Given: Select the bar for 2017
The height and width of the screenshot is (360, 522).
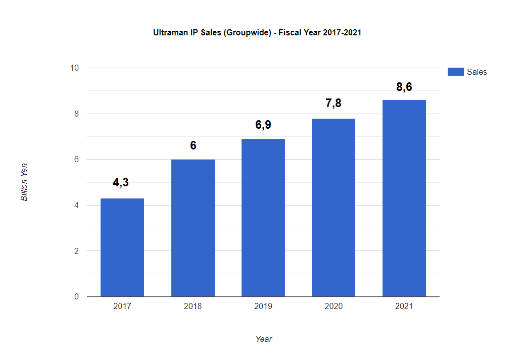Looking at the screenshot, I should coord(122,247).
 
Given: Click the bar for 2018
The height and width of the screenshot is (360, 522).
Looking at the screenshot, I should coord(193,228).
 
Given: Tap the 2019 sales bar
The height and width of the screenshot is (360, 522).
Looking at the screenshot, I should coord(263,218).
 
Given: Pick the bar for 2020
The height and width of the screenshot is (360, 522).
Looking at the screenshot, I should coord(334,208).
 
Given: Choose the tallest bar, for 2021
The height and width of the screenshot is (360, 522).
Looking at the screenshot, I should coord(404,198).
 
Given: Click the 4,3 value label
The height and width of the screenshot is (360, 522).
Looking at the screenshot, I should coord(121,182).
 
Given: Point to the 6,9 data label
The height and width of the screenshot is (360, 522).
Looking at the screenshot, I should coord(263,125).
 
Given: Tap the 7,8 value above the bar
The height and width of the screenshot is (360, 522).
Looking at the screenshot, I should coord(334,104).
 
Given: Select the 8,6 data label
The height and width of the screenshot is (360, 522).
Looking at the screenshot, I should coord(404,87).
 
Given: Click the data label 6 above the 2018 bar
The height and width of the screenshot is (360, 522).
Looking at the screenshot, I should coord(193,146).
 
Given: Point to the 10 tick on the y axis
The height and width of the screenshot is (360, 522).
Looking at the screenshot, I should coord(75,68).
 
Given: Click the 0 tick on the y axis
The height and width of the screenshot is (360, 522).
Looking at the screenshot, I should coord(77,297).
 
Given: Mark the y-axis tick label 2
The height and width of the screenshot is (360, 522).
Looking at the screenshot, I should coord(77,251).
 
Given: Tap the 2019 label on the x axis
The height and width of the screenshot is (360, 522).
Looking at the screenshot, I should coord(263,306).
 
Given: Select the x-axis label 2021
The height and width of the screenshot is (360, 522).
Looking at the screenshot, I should coord(404,306).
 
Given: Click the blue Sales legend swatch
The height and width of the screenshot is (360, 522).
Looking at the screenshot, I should coord(455,72).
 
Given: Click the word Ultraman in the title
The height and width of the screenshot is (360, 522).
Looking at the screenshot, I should coord(170,33).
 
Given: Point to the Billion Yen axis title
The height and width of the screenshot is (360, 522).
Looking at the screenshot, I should coord(24,182).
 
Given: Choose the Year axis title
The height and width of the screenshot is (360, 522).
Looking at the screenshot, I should coord(264,339).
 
